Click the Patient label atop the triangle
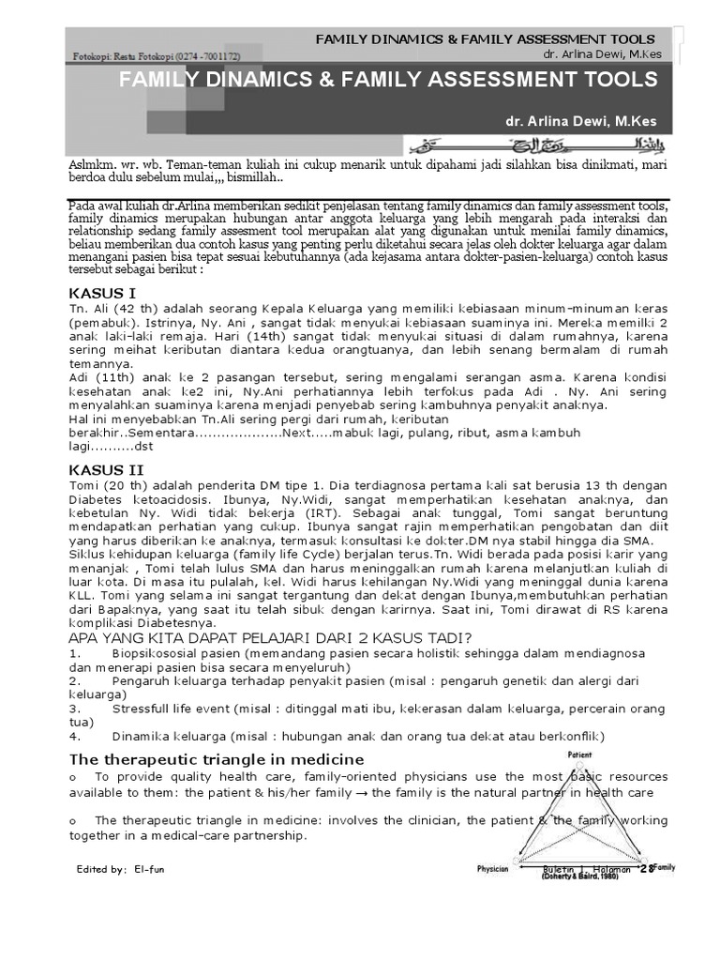point(579,755)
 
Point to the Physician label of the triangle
point(493,869)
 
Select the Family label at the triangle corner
point(663,867)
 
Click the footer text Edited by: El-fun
point(120,870)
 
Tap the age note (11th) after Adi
point(112,377)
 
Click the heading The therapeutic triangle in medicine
point(217,758)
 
